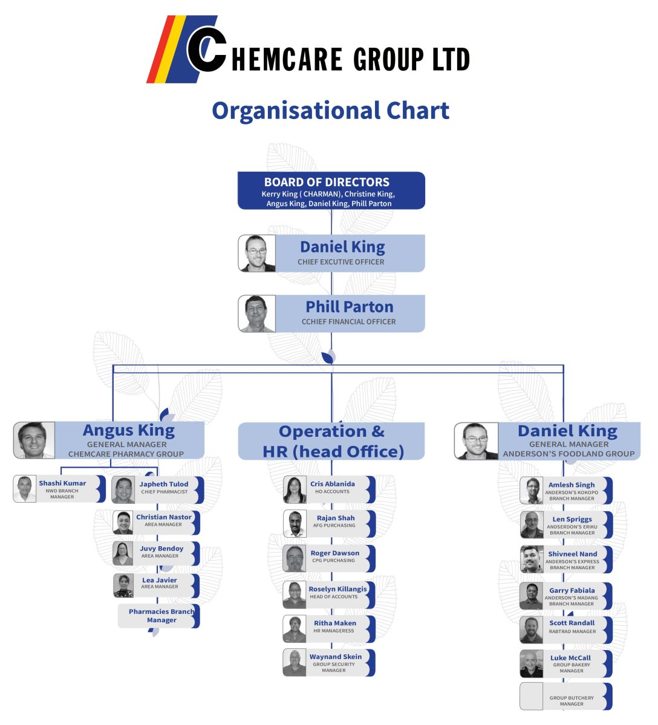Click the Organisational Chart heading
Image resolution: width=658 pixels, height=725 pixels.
pyautogui.click(x=330, y=111)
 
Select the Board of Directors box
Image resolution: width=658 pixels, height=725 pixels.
pyautogui.click(x=331, y=191)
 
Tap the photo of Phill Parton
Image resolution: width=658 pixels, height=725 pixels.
pyautogui.click(x=257, y=314)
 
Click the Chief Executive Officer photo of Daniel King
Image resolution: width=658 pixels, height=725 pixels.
pyautogui.click(x=257, y=253)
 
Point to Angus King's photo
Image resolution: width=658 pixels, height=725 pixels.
pyautogui.click(x=34, y=440)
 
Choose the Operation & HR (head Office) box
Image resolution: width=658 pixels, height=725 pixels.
pyautogui.click(x=331, y=441)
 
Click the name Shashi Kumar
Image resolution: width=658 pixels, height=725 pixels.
pyautogui.click(x=62, y=483)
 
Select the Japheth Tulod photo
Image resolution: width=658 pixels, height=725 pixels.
pyautogui.click(x=123, y=490)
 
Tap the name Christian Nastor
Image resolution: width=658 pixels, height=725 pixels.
pyautogui.click(x=163, y=517)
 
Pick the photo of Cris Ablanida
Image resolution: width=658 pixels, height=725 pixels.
pyautogui.click(x=295, y=490)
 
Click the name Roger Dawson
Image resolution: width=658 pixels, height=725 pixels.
pyautogui.click(x=334, y=553)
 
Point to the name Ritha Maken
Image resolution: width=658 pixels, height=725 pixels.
pyautogui.click(x=334, y=623)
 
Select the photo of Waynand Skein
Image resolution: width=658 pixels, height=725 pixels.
pyautogui.click(x=295, y=663)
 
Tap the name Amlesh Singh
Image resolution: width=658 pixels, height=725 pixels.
pyautogui.click(x=571, y=485)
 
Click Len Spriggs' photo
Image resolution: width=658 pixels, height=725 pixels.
pyautogui.click(x=532, y=525)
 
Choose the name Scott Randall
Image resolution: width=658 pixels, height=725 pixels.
pyautogui.click(x=572, y=623)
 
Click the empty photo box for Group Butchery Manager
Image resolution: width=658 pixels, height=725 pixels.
pyautogui.click(x=532, y=697)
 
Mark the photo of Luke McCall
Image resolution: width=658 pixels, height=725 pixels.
pyautogui.click(x=532, y=664)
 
